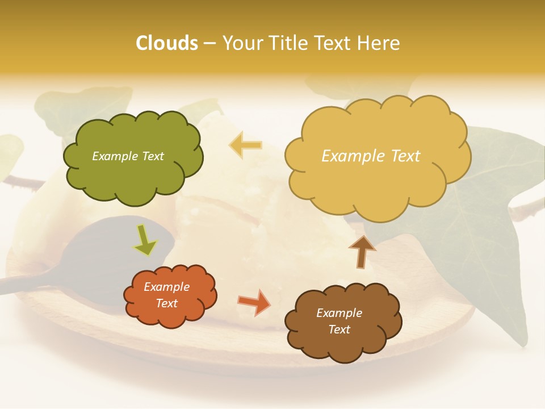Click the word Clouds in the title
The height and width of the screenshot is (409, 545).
pos(167,43)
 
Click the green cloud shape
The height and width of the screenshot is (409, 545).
pos(133,176)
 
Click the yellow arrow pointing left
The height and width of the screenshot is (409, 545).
pos(245,145)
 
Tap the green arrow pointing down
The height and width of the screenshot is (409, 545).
pos(145,240)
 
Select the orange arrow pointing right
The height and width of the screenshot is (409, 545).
pos(254,302)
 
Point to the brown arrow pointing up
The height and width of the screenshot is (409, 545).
pos(362,251)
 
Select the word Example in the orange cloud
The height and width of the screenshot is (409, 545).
pos(167,287)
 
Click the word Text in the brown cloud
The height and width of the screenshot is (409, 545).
pos(339,329)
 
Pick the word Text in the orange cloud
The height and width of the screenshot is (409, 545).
pos(167,303)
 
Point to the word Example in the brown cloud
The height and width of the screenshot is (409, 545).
pos(339,313)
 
